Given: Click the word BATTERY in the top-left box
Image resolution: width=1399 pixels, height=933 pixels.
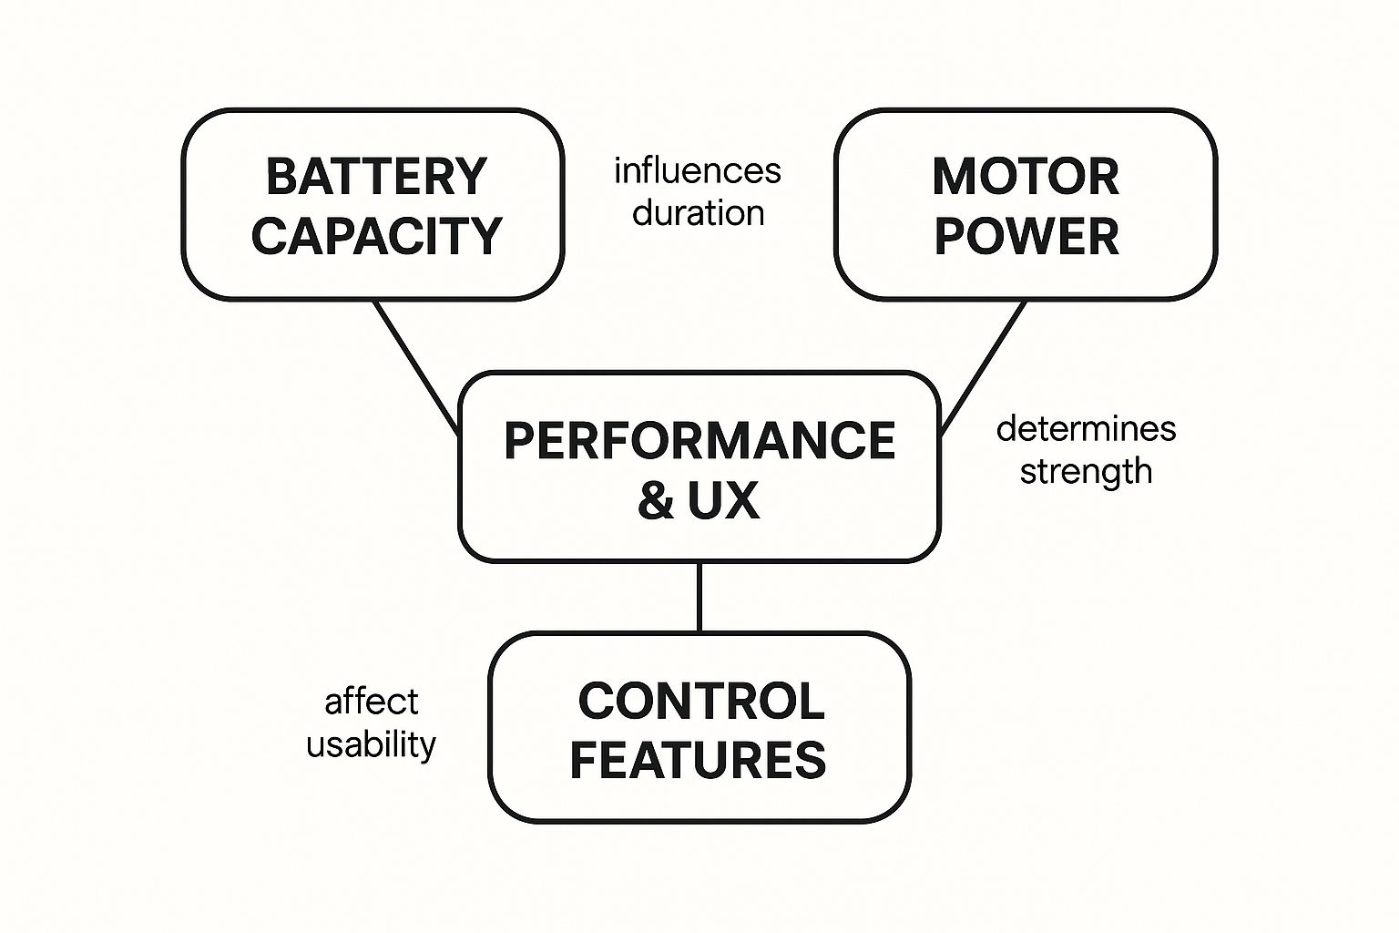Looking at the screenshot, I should [376, 177].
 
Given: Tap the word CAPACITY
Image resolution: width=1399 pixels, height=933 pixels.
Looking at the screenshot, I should [376, 236].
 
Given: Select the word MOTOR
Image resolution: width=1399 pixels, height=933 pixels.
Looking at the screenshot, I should [1026, 177].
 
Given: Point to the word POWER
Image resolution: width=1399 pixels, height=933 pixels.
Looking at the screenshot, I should [1026, 236].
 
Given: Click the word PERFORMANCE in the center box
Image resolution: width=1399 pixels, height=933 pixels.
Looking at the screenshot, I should [699, 441].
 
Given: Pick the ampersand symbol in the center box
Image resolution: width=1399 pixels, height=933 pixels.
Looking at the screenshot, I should [656, 500].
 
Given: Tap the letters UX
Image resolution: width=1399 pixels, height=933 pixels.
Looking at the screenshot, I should [723, 500].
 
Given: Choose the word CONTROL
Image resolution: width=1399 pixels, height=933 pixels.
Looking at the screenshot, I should [701, 701].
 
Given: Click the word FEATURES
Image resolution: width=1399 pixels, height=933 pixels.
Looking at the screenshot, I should [698, 760].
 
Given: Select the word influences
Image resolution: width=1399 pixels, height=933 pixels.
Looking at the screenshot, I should [698, 171].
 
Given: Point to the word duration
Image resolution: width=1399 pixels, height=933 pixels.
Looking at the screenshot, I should [699, 213].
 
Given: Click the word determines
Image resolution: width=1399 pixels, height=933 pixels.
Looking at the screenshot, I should [1086, 428].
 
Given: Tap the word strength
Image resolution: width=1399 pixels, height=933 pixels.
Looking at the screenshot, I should [1086, 472].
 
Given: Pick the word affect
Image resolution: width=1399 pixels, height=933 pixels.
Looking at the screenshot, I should [372, 702].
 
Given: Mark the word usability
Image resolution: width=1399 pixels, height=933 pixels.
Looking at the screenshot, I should [371, 744].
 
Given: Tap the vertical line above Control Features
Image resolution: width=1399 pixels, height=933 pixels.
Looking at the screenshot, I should [699, 597].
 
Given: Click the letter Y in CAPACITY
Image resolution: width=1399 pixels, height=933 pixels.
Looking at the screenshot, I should [485, 236].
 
